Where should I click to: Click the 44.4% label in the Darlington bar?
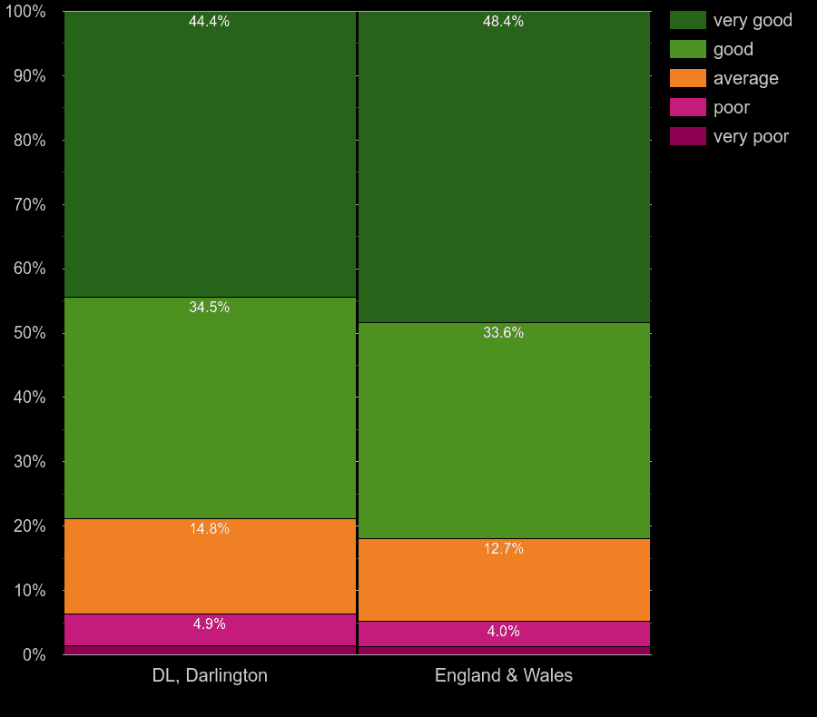point(209,22)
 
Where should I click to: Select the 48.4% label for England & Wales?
point(503,22)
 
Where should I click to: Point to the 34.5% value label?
point(209,308)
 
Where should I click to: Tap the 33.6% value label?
point(503,333)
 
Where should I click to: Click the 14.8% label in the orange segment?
point(209,529)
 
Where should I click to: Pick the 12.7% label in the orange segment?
point(503,549)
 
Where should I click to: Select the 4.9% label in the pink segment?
point(209,624)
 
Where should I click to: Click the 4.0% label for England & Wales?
point(503,632)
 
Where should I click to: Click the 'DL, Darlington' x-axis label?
point(210,675)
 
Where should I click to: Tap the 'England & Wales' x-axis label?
point(504,675)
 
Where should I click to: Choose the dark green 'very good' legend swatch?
point(687,20)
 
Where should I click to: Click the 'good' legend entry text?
point(733,49)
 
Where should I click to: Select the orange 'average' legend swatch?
point(687,78)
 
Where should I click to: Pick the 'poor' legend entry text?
point(731,107)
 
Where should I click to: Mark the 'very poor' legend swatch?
point(687,136)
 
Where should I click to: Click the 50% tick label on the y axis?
point(29,333)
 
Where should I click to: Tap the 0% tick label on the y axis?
point(34,654)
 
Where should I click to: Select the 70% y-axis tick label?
point(29,205)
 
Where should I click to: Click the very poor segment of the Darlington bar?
point(210,650)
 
